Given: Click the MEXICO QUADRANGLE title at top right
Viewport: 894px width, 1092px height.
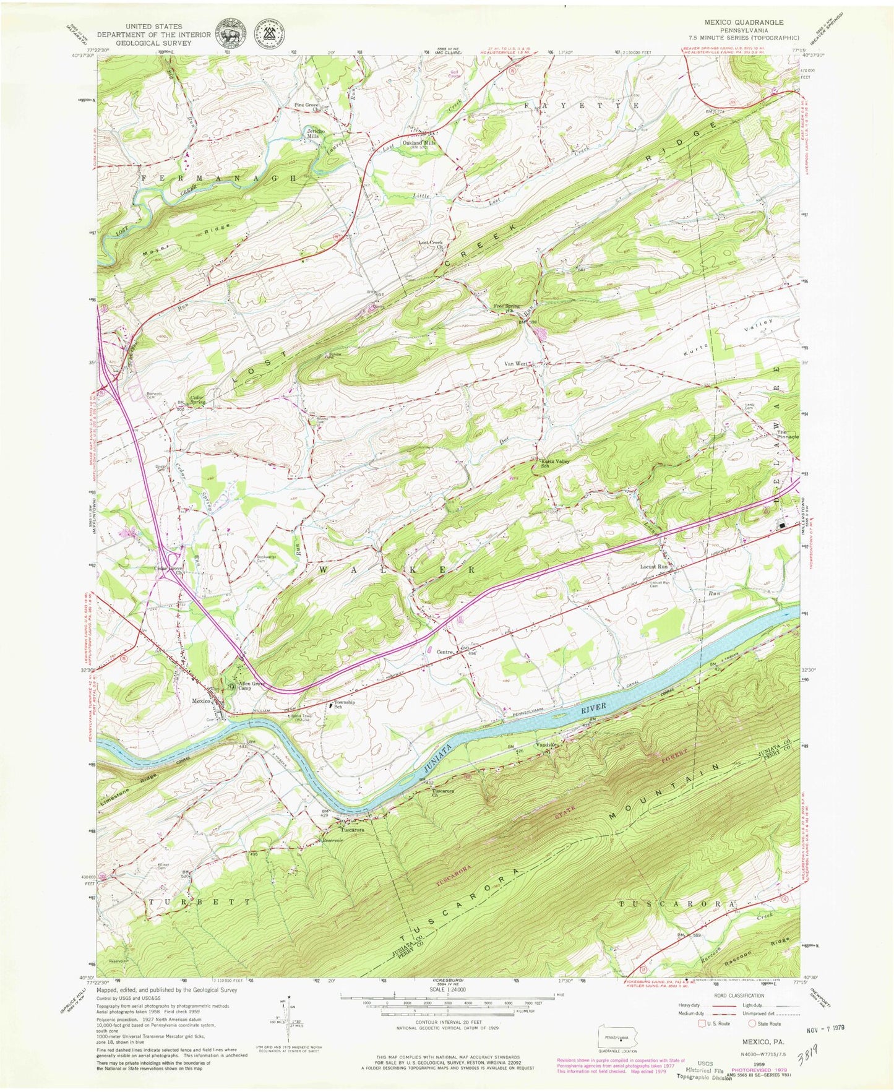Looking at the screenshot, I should tap(744, 22).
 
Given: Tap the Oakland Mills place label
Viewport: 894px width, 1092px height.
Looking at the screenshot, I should tap(419, 142).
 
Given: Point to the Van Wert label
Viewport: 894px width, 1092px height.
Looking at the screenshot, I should tap(515, 364).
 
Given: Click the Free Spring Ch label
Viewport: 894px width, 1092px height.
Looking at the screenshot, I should tap(505, 307).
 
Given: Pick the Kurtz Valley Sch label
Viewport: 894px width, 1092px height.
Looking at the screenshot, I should tap(554, 463).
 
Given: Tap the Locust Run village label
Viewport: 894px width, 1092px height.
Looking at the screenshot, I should tap(654, 566).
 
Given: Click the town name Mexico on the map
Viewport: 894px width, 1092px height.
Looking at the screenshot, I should tap(201, 701).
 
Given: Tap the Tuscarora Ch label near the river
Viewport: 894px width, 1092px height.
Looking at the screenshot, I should tap(442, 793).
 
